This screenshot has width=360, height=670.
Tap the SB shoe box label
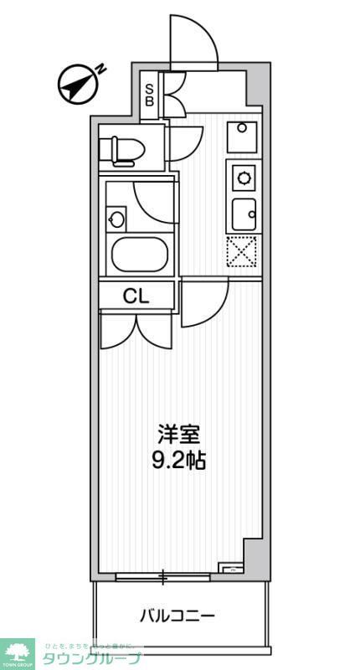[x=150, y=94]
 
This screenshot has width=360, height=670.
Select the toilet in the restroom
[x=120, y=151]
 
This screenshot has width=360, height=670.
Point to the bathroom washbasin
[x=117, y=220]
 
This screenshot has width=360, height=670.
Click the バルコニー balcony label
[x=177, y=616]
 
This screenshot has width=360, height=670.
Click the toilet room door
[x=184, y=142]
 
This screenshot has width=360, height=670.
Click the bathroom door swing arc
[x=156, y=201]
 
